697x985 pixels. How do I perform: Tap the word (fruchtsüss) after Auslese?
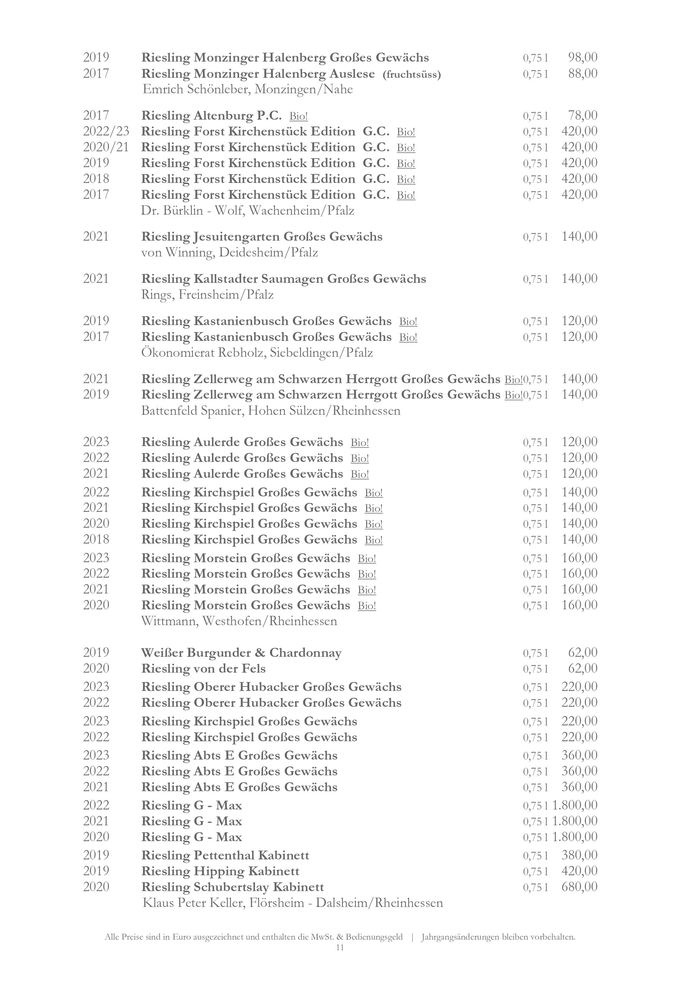point(412,75)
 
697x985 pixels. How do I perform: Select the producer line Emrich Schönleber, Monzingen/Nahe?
point(247,90)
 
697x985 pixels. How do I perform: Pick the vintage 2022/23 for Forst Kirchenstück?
point(106,131)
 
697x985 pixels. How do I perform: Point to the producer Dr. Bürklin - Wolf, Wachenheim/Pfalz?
point(247,211)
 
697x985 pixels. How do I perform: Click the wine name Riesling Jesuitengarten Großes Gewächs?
point(262,237)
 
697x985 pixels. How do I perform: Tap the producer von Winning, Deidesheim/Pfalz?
point(230,253)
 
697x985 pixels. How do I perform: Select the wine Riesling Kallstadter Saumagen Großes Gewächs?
point(284,279)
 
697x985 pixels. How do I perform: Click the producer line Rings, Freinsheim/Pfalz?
point(207,295)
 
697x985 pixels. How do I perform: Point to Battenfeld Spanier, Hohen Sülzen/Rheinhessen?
point(271,411)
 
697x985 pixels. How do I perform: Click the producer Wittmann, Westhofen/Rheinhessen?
point(239,621)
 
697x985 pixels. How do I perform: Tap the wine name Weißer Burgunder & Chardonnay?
point(241,653)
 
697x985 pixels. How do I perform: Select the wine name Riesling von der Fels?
point(203,669)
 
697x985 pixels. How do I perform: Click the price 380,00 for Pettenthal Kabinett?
point(579,856)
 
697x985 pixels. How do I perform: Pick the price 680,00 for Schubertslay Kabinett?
point(579,887)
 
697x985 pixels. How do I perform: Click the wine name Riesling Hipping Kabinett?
point(220,871)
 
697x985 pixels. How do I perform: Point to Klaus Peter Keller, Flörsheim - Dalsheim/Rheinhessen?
point(292,903)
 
